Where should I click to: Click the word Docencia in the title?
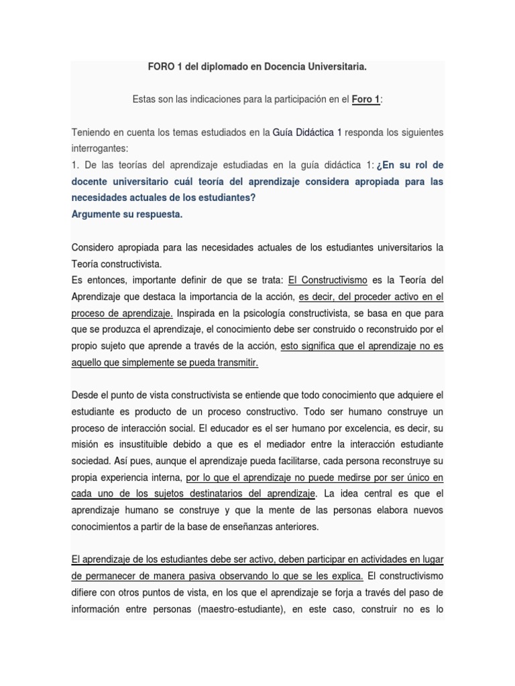276,67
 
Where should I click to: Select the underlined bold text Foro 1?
365,99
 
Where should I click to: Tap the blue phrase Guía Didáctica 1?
307,132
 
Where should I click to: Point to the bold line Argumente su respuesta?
127,214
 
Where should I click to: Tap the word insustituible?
160,444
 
